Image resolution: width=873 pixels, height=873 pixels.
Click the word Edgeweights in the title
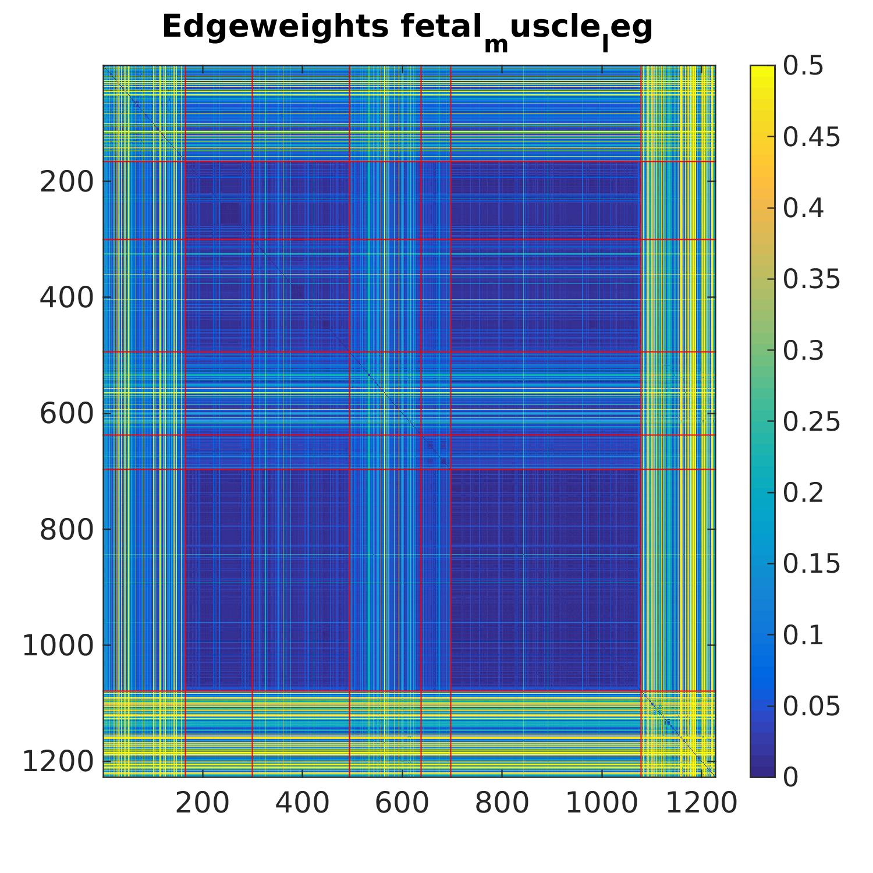pos(275,27)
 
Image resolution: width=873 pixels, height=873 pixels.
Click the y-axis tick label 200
pos(66,182)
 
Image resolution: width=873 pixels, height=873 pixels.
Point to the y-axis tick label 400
pos(66,298)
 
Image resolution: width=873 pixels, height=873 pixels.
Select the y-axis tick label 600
pos(66,414)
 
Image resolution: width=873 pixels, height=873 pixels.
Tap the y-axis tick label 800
pos(66,530)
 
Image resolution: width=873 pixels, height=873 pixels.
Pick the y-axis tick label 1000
pos(58,645)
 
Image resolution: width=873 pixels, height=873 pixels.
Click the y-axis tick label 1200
pos(58,761)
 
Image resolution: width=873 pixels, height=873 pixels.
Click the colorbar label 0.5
pos(803,66)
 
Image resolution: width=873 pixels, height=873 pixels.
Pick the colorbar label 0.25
pos(811,421)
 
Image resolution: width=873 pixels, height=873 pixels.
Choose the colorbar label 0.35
pos(811,279)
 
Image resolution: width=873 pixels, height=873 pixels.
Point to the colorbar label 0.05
pos(811,706)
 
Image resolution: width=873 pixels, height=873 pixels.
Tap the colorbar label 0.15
pos(811,563)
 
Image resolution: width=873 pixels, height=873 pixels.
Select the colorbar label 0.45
pos(811,137)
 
